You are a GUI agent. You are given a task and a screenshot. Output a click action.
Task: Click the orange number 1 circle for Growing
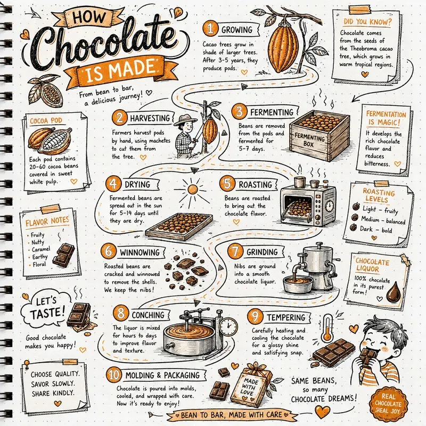[210, 29]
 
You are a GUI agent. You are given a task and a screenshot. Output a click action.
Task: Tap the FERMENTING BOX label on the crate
[310, 140]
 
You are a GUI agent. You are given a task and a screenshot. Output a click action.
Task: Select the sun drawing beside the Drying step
[192, 190]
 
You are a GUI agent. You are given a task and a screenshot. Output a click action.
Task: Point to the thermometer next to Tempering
[327, 327]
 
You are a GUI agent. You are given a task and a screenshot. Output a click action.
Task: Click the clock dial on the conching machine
[229, 326]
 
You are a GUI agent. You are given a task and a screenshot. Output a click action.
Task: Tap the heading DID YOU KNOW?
[367, 22]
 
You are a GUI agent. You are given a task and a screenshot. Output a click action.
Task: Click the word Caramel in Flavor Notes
[41, 249]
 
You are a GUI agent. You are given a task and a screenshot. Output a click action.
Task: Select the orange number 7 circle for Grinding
[235, 251]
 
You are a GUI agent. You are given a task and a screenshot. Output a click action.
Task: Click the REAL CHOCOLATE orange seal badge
[389, 404]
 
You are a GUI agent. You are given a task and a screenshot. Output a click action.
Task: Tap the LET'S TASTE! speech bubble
[44, 309]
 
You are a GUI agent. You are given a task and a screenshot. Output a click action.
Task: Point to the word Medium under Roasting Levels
[370, 219]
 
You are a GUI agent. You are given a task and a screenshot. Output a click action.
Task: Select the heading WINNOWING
[140, 252]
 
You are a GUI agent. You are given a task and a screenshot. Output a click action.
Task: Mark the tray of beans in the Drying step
[179, 226]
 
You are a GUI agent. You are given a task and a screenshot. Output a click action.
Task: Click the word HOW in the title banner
[89, 18]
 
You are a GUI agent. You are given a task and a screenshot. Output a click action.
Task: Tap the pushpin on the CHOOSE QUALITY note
[27, 364]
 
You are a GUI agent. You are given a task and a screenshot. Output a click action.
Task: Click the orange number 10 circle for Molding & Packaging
[114, 375]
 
